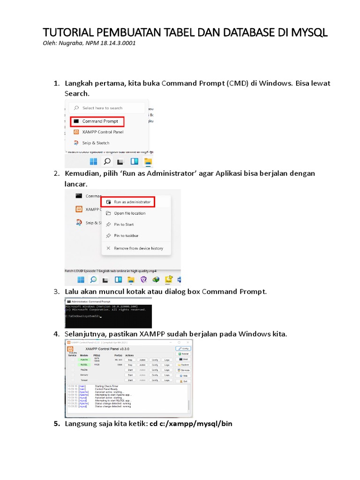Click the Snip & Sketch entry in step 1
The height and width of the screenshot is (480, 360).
click(96, 143)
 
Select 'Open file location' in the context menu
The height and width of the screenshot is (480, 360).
click(129, 213)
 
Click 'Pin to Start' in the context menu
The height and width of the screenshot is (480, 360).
click(124, 225)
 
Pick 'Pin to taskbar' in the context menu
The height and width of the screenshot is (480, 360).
click(126, 236)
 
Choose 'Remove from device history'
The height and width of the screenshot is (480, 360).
click(138, 248)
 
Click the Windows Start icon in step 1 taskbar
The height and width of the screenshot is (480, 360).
click(93, 162)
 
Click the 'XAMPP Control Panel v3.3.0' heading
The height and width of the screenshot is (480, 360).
click(107, 349)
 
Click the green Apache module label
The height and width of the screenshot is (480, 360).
click(84, 360)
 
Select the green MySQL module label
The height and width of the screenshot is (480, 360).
click(84, 364)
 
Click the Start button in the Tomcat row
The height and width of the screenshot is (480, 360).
click(130, 381)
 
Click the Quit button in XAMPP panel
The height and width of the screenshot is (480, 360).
click(183, 381)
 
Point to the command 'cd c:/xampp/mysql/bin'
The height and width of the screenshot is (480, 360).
click(191, 424)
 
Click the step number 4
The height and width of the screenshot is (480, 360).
click(56, 334)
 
